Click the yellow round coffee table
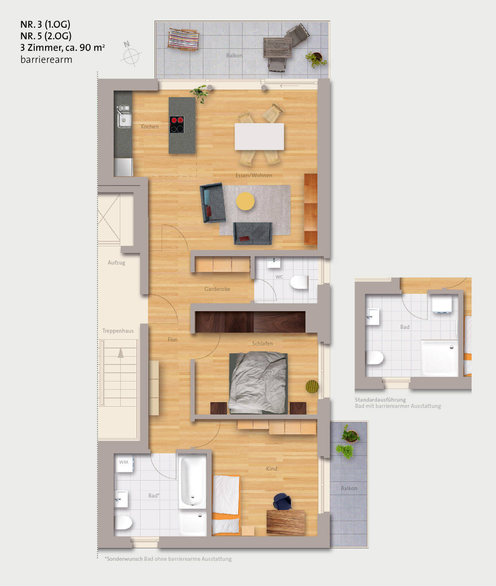[245, 201]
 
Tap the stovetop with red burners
[176, 124]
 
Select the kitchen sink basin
[124, 119]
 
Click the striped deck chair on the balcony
[183, 40]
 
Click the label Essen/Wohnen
[254, 175]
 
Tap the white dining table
[259, 136]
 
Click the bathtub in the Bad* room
[193, 481]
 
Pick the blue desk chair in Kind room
[282, 502]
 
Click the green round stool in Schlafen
[312, 386]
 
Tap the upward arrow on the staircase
[121, 353]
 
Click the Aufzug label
[116, 262]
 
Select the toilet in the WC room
[299, 282]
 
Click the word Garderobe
[217, 289]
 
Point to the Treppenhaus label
[118, 331]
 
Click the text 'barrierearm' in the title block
[46, 60]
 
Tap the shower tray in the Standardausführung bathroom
[439, 358]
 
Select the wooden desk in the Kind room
[286, 522]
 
